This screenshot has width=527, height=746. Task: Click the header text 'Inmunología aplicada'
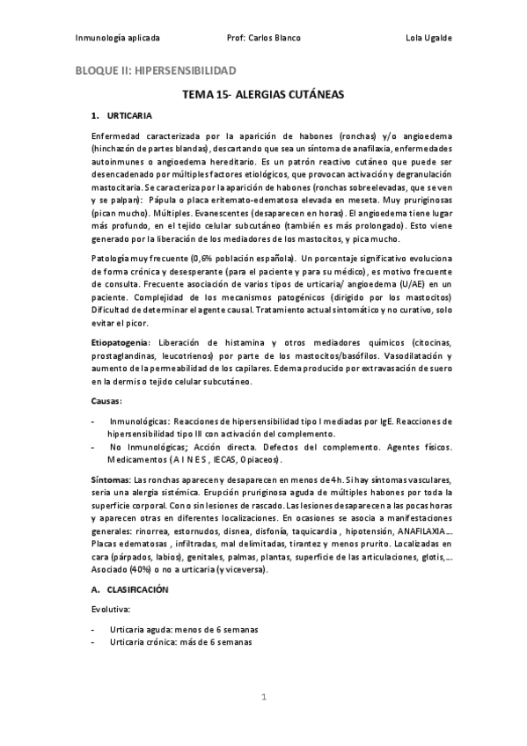(x=118, y=39)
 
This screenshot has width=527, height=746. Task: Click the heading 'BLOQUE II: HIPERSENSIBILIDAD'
(x=155, y=69)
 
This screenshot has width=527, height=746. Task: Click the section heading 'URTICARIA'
(x=130, y=116)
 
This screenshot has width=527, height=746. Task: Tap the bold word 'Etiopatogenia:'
(x=121, y=340)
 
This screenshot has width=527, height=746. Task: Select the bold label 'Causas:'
(x=106, y=401)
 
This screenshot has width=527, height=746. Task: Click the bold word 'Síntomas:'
(x=111, y=479)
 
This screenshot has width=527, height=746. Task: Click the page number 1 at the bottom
(x=263, y=697)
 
